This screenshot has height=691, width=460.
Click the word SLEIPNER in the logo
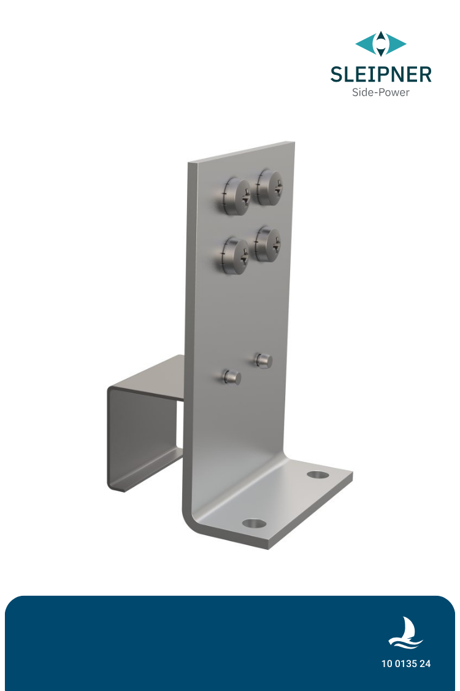[x=380, y=74]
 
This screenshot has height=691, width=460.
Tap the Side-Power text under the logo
[x=380, y=93]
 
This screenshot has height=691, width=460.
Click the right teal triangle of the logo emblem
[x=397, y=44]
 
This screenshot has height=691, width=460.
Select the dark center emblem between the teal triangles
[x=381, y=44]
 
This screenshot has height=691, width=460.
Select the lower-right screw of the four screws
[x=269, y=244]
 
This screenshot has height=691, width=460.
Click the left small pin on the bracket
[x=232, y=377]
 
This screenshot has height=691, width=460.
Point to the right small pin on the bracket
[x=264, y=360]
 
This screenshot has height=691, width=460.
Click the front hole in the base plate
[x=255, y=523]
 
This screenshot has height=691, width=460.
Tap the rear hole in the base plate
[x=317, y=474]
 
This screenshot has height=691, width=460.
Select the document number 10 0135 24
[x=405, y=664]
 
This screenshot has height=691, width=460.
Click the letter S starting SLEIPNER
[x=336, y=74]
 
